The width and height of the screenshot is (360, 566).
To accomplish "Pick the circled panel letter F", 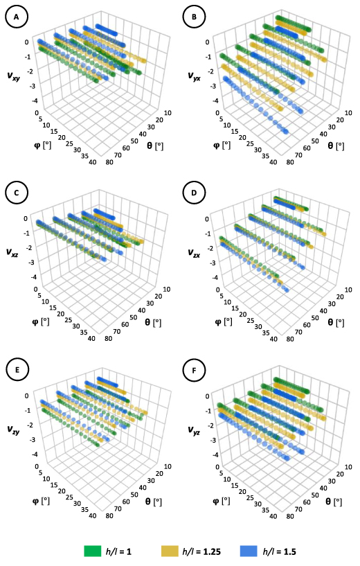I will coord(195,369).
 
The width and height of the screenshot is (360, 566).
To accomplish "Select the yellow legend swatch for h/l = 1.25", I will coord(171,551).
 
